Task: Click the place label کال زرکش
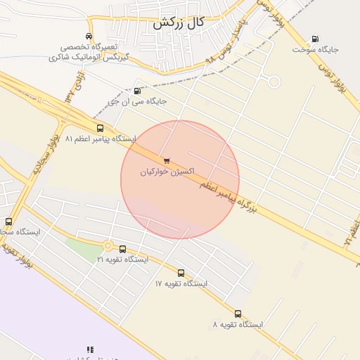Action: point(179,22)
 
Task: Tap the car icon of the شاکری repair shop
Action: point(89,37)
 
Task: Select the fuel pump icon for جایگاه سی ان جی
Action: point(136,90)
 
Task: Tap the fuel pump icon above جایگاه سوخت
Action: point(314,39)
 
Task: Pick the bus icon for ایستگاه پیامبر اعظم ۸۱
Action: point(100,129)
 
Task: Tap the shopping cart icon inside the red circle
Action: point(166,160)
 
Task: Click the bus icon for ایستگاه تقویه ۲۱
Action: point(123,249)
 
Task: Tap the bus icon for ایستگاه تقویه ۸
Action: point(238,314)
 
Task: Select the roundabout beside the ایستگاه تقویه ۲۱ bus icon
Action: point(108,245)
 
